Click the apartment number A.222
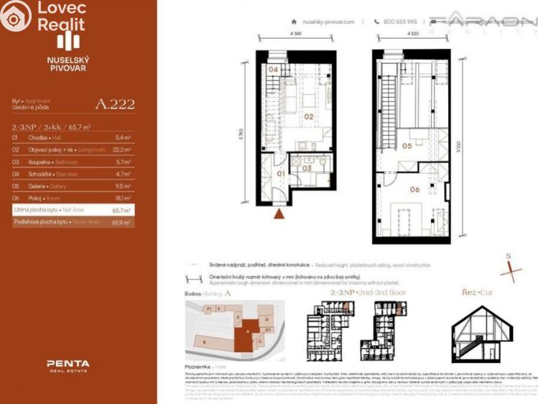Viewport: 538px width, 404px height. point(115,104)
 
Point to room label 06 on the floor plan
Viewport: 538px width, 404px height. point(414,190)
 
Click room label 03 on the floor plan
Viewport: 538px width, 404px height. point(306,168)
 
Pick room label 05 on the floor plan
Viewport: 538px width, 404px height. point(407,146)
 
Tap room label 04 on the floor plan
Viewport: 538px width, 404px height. point(274,70)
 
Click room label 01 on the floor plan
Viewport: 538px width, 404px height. point(282,173)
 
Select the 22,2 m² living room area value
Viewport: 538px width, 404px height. point(123,150)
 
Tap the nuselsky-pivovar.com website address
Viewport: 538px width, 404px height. point(329,22)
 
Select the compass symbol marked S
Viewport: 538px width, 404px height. point(511,270)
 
